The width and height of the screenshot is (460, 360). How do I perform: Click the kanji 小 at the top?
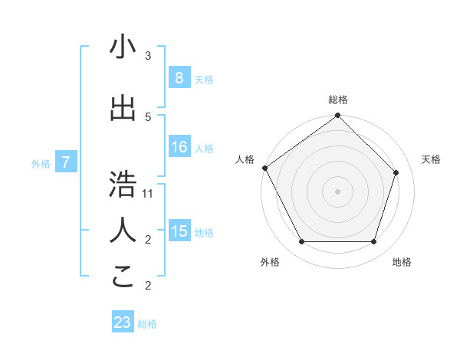[x=123, y=47]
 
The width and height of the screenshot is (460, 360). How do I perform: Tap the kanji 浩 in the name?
[x=123, y=185]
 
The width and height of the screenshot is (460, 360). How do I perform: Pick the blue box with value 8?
[x=179, y=78]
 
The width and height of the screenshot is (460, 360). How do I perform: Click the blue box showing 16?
[x=179, y=147]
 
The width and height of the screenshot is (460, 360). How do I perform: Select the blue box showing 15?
[x=179, y=231]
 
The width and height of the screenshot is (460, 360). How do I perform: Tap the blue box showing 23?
[x=123, y=322]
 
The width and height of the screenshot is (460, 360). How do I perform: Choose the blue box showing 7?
[x=67, y=162]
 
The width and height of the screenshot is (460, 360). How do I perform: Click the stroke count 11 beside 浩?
[x=148, y=193]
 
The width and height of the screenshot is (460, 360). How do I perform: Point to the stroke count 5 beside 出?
[x=148, y=116]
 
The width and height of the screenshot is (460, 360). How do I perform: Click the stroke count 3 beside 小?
[x=148, y=56]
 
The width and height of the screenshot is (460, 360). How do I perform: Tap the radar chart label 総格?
[x=338, y=100]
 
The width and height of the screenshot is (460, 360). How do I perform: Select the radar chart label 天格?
[x=431, y=159]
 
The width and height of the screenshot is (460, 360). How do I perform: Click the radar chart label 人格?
[x=245, y=159]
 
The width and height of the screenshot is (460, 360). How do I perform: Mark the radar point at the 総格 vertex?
[x=338, y=116]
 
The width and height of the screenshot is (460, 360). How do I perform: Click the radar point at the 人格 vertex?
[x=264, y=168]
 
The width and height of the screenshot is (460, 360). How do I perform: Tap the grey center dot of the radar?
[x=338, y=191]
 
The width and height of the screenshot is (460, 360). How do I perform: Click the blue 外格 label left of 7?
[x=41, y=163]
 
